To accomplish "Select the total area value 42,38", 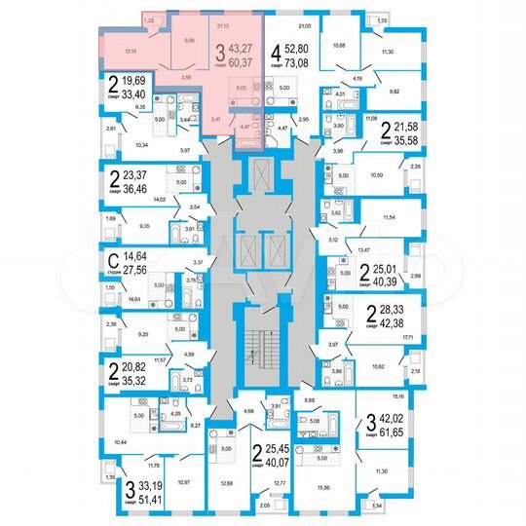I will tap(398, 324).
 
